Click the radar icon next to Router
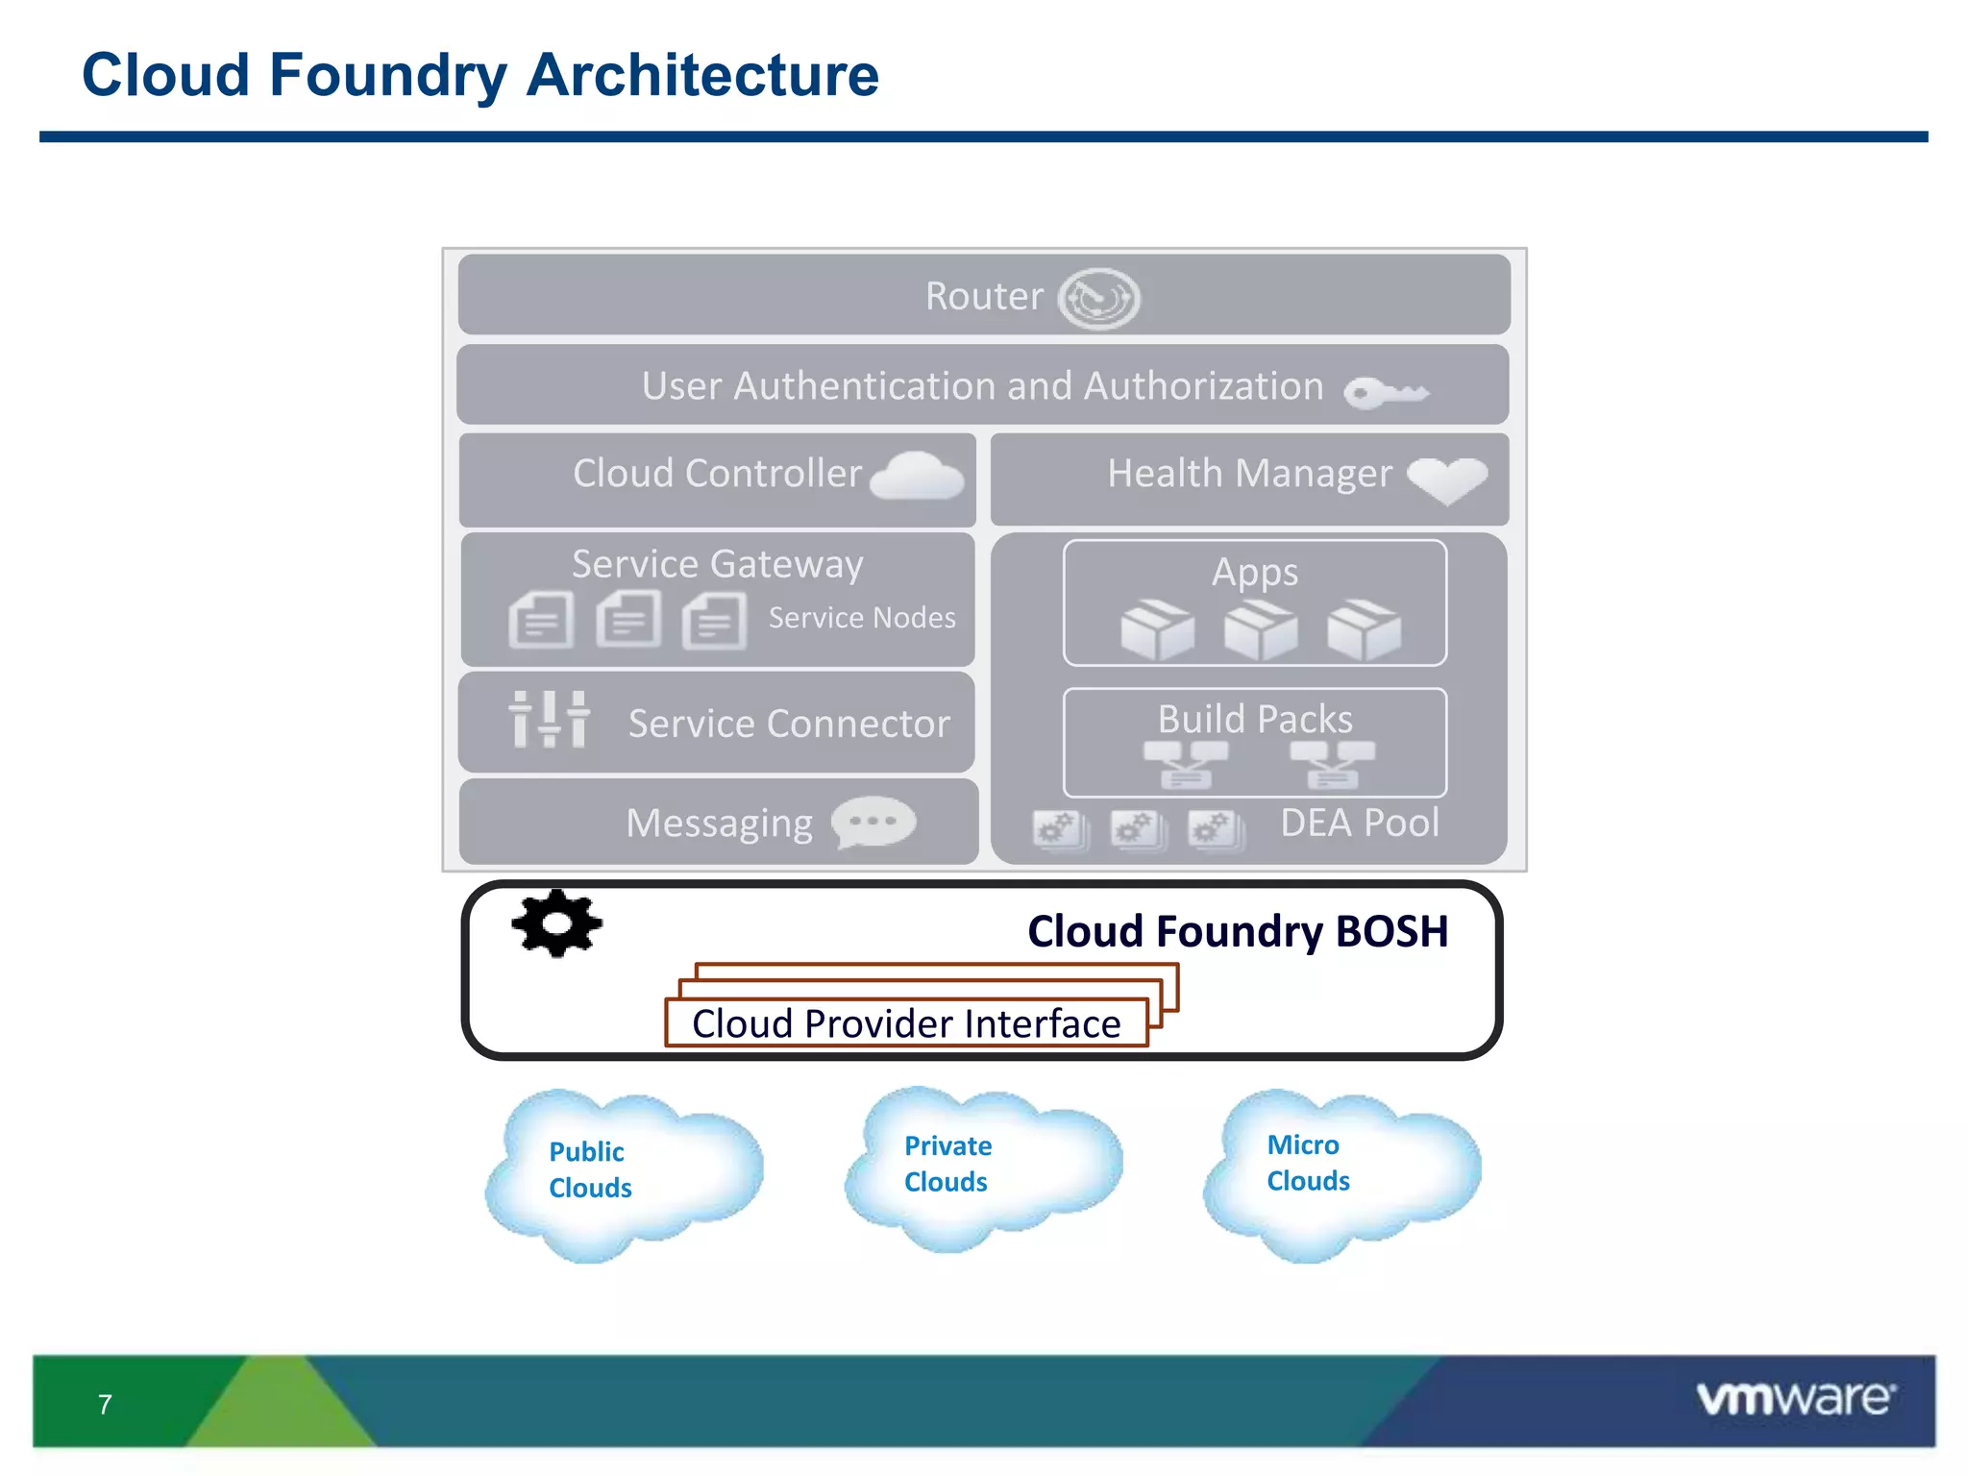1098,299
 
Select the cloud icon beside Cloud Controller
917,477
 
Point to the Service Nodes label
862,618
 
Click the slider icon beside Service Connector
549,720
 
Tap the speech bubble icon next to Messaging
873,823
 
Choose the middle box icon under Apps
1260,631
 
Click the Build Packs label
1255,719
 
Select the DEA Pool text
1360,824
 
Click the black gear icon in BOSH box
556,923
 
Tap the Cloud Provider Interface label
906,1023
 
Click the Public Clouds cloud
623,1172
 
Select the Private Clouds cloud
982,1167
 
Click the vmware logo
1795,1398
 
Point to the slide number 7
105,1405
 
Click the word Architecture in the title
702,75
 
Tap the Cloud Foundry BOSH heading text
1238,931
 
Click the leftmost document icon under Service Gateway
541,620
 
